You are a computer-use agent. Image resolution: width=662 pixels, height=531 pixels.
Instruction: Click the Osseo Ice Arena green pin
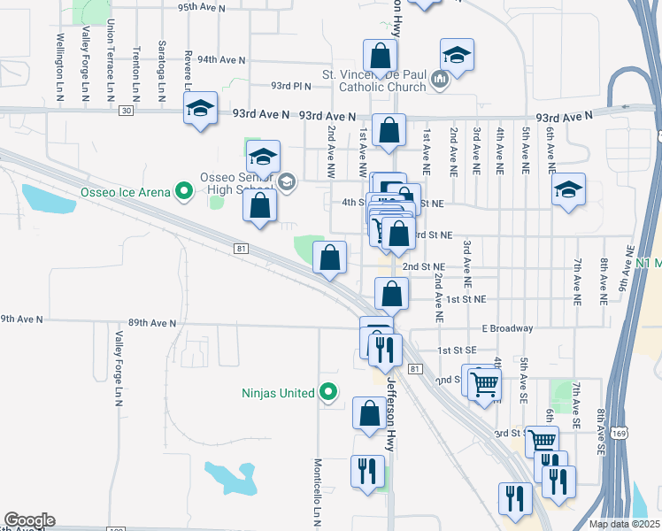point(184,189)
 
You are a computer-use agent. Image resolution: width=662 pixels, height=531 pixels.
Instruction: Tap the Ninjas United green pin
point(328,391)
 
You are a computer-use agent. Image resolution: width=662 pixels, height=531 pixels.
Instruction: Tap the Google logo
point(29,520)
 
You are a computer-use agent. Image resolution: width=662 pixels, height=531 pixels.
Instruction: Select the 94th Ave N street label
point(221,59)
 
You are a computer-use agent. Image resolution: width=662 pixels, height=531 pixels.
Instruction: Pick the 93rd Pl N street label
point(292,86)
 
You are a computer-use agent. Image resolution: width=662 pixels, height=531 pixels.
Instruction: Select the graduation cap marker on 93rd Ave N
point(201,110)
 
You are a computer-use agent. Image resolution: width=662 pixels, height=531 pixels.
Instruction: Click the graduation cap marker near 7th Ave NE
point(569,190)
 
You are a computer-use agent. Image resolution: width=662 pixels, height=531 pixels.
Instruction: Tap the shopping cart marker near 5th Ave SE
point(484,384)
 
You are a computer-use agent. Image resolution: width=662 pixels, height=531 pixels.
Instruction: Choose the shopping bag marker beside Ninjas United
point(369,412)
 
